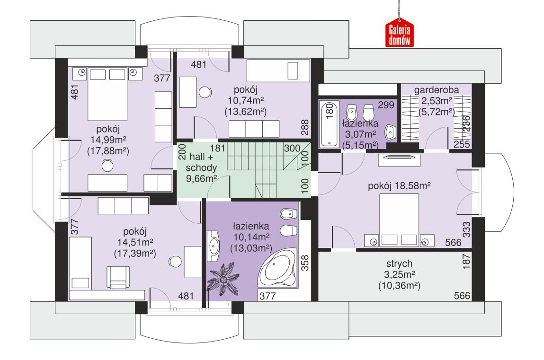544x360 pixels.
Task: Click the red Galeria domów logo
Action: [399, 34]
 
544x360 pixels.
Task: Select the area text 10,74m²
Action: [245, 101]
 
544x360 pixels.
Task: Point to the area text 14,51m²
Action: [135, 243]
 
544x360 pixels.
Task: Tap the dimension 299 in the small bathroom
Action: [383, 105]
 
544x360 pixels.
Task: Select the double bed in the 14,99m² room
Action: [108, 94]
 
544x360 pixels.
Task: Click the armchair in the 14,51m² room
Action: [117, 276]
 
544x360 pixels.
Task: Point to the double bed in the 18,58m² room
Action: [400, 221]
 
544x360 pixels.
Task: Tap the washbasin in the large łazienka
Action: [214, 245]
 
